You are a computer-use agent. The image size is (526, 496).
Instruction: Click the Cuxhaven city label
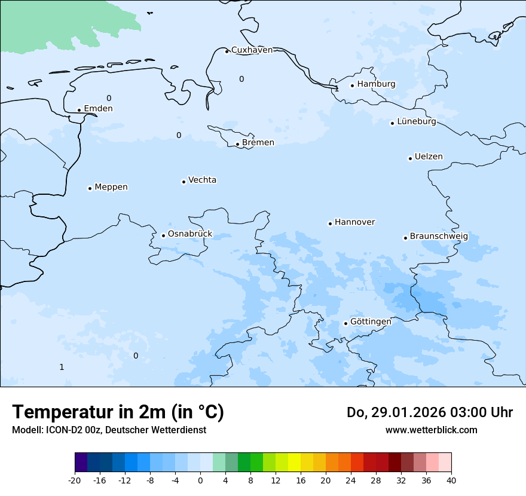[x=252, y=50]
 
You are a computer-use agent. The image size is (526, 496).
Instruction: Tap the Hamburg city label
[x=376, y=84]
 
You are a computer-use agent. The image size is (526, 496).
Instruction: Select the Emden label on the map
[x=98, y=109]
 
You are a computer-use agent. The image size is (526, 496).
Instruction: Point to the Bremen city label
[x=258, y=143]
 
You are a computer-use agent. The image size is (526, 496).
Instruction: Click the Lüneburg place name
[x=416, y=122]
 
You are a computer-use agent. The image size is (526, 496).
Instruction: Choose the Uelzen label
[x=429, y=157]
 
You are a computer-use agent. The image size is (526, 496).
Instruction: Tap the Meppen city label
[x=111, y=187]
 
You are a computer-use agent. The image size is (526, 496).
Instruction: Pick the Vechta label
[x=202, y=180]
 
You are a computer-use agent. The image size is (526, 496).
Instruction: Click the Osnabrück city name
[x=190, y=234]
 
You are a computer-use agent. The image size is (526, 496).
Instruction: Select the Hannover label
[x=354, y=222]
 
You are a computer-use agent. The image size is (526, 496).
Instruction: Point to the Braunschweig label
[x=439, y=237]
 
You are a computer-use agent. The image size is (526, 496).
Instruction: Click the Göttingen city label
[x=371, y=322]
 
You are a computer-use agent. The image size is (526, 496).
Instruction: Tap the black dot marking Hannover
[x=330, y=223]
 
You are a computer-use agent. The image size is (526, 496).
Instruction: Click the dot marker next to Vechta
[x=184, y=182]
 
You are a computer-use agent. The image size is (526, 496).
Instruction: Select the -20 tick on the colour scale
[x=75, y=480]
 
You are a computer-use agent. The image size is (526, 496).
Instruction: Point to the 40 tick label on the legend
[x=451, y=480]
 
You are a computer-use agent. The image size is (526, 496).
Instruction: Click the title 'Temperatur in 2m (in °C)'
[x=118, y=412]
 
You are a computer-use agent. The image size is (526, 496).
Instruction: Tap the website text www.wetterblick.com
[x=431, y=430]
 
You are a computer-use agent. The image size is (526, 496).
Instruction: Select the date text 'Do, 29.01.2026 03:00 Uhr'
[x=430, y=412]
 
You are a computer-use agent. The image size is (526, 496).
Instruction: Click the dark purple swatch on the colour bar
[x=81, y=463]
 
